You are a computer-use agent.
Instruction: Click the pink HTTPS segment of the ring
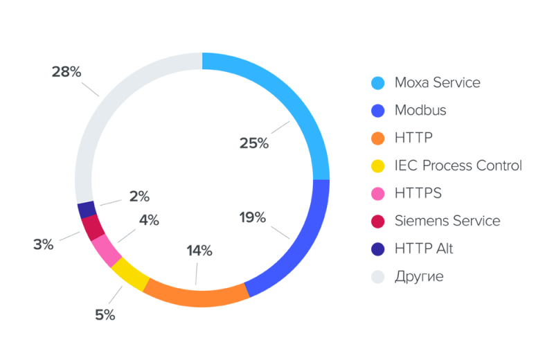pos(107,251)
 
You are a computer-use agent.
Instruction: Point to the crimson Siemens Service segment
pos(93,227)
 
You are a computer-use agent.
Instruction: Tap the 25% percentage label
pos(253,143)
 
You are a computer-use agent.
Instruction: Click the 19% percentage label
pos(253,217)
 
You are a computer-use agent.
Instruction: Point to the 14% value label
pos(199,251)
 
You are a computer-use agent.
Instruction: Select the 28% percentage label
pos(66,71)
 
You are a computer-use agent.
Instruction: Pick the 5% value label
pos(105,315)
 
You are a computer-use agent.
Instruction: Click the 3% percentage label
pos(43,244)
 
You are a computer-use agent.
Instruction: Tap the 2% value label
pos(139,196)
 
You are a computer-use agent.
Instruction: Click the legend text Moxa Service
pos(437,82)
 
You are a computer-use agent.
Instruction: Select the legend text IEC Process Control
pos(458,165)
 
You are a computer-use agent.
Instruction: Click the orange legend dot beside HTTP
pos(377,138)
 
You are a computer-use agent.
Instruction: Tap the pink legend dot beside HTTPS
pos(377,194)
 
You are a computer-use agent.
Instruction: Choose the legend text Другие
pos(419,277)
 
